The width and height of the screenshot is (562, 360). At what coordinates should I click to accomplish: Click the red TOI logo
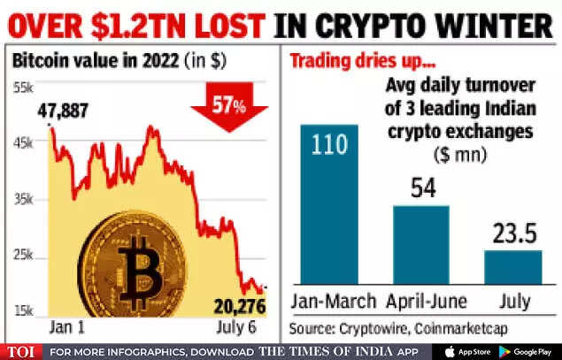[x=22, y=350]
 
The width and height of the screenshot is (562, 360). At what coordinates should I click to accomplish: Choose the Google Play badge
[x=528, y=350]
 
